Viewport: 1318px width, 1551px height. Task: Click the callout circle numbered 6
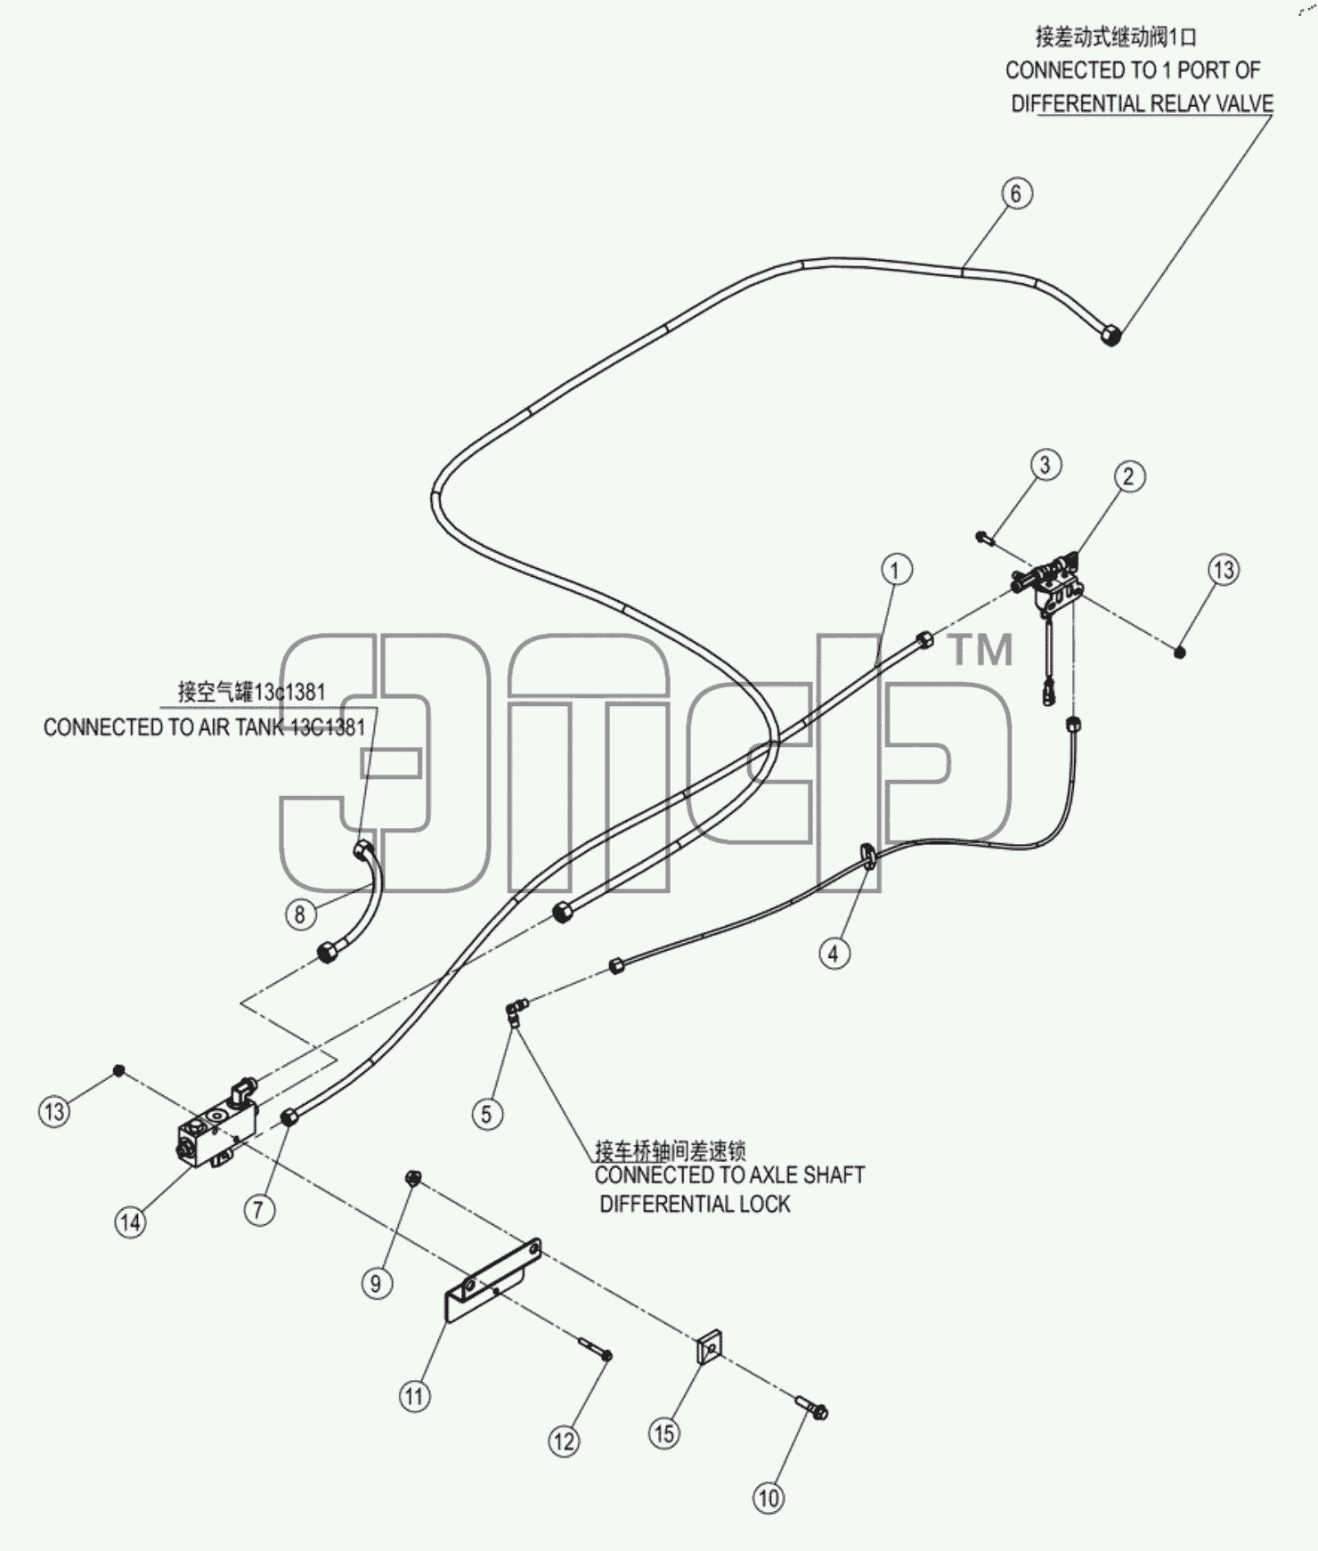point(1016,193)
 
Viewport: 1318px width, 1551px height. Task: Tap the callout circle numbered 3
point(1045,464)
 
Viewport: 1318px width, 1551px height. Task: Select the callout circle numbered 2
point(1129,476)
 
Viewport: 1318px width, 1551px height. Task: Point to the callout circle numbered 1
point(896,570)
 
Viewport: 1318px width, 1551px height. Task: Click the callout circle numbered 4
point(834,954)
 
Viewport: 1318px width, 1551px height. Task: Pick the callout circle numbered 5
point(486,1114)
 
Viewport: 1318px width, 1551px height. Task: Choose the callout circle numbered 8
point(300,914)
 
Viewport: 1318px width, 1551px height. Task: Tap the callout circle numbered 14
point(130,1222)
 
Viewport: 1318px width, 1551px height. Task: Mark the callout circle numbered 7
point(259,1209)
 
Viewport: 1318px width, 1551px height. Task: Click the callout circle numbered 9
point(376,1283)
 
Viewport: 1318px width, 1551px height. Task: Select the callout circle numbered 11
point(414,1395)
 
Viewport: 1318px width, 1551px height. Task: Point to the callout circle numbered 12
point(564,1441)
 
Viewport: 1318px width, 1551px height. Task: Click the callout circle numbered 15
point(664,1433)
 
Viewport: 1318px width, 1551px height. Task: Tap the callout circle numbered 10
point(769,1498)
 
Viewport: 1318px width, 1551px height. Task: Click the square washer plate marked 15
point(709,1349)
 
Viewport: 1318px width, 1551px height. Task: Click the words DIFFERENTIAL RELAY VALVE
point(1142,103)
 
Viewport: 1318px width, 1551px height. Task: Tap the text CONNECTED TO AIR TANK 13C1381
point(205,727)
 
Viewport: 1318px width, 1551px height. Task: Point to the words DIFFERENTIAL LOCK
point(695,1204)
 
